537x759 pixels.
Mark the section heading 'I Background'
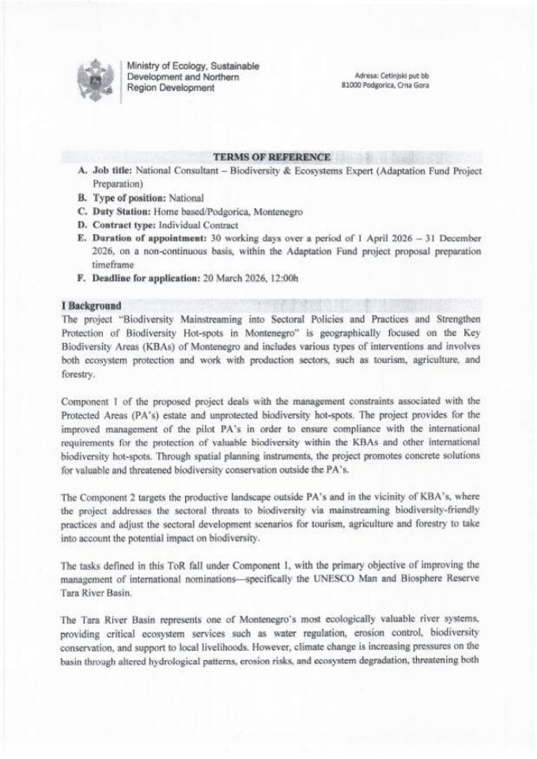(91, 305)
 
